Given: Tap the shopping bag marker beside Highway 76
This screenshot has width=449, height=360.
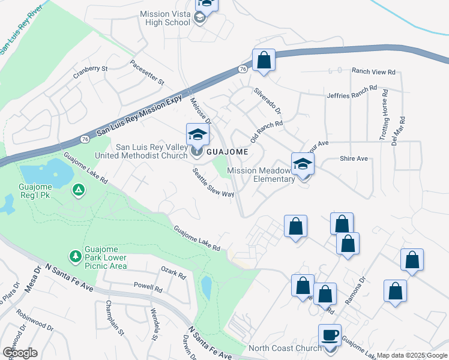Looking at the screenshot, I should pos(264,61).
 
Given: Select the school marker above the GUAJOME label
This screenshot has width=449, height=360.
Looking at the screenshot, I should pos(197,135).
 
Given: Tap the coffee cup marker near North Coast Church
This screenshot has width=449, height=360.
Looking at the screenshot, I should pos(329,335).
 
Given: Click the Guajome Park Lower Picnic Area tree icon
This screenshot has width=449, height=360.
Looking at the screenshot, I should pos(75,256).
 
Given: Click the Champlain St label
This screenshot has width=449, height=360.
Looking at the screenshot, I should pos(115,318).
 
